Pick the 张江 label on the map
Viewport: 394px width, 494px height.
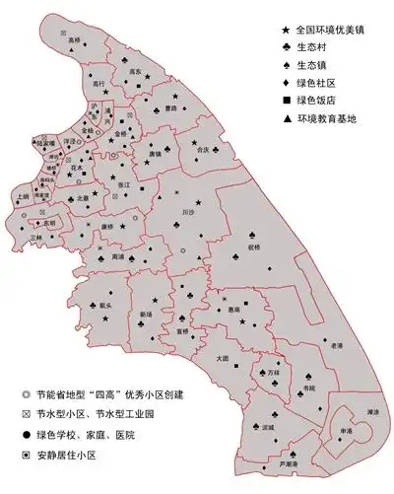point(123,184)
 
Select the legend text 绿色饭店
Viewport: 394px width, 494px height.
point(319,102)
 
